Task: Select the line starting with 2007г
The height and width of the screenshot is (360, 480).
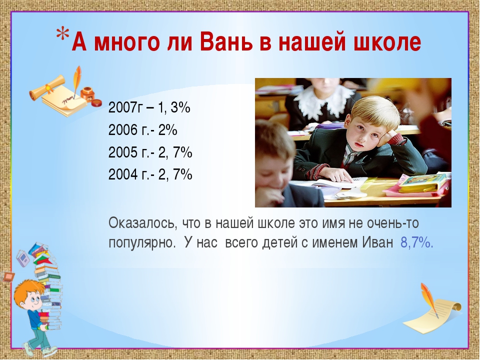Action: pyautogui.click(x=149, y=108)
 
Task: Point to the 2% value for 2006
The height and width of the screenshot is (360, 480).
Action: pyautogui.click(x=168, y=130)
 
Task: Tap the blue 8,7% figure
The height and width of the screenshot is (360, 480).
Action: pyautogui.click(x=416, y=243)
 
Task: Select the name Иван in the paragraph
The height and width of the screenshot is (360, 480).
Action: pyautogui.click(x=377, y=243)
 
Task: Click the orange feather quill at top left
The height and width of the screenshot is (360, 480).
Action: pyautogui.click(x=76, y=80)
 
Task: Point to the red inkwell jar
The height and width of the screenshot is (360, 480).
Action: pyautogui.click(x=87, y=94)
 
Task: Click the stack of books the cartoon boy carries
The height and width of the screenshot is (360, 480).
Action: pyautogui.click(x=47, y=284)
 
